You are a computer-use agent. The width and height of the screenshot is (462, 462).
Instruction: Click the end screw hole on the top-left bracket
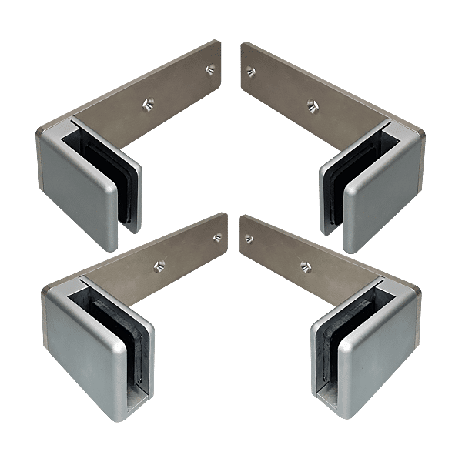coord(209,69)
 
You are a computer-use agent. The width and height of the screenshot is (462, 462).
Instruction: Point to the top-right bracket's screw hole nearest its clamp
coord(312,104)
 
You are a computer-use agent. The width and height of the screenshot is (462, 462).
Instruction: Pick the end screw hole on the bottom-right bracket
coord(248,239)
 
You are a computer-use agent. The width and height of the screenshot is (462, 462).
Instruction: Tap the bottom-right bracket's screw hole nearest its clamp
coord(306,269)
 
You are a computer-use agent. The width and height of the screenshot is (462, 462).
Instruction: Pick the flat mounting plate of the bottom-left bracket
coord(185,254)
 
